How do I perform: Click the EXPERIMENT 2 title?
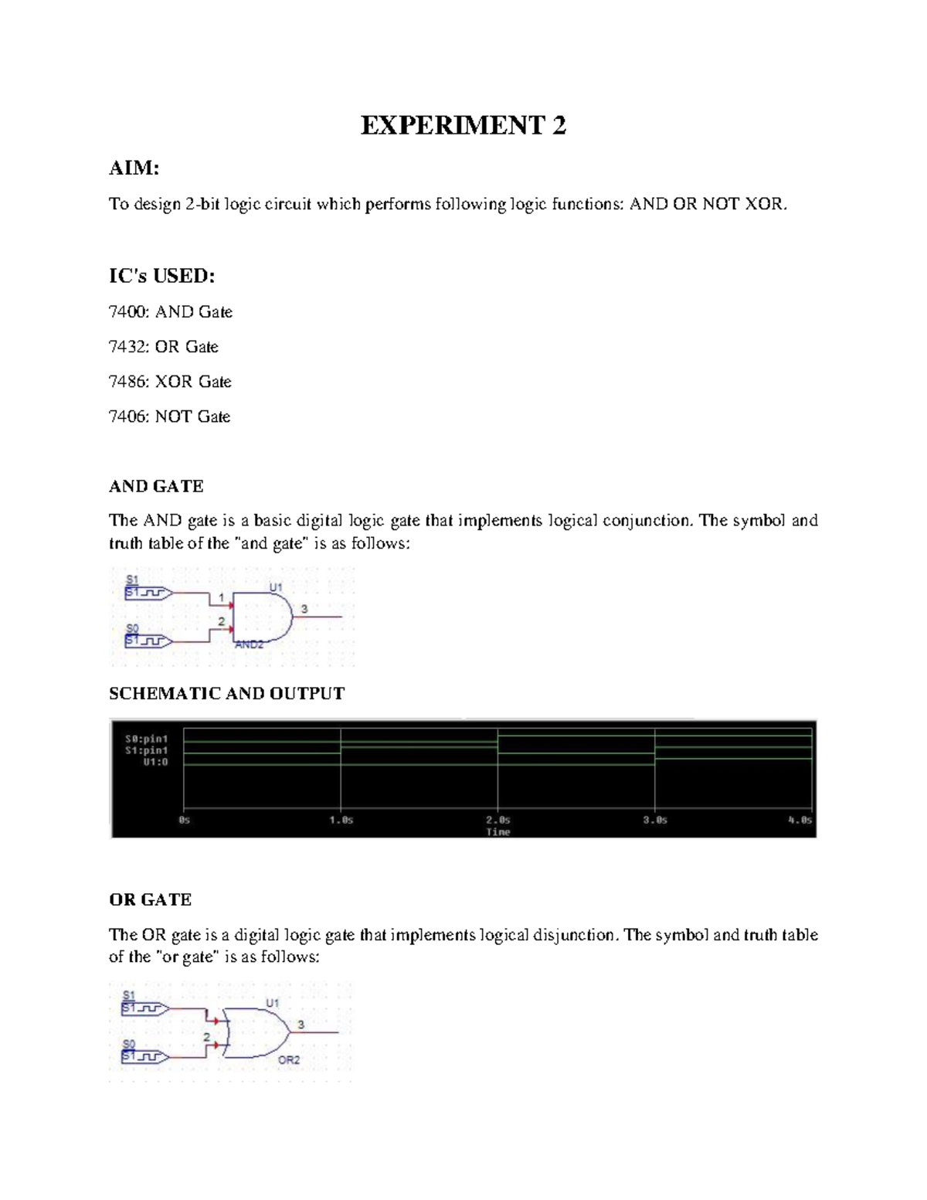[463, 125]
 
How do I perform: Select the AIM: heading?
[134, 168]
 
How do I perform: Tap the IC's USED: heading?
[161, 276]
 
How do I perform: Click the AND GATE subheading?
[156, 486]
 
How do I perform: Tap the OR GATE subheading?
[150, 899]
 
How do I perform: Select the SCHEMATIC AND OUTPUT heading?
[226, 693]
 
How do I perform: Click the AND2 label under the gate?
[249, 644]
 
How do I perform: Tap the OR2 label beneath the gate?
[289, 1060]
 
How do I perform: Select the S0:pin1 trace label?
[147, 739]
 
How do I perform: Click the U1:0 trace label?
[154, 762]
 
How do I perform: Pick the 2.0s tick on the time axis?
[498, 820]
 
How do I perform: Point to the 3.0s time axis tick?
[655, 820]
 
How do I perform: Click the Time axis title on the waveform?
[498, 831]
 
